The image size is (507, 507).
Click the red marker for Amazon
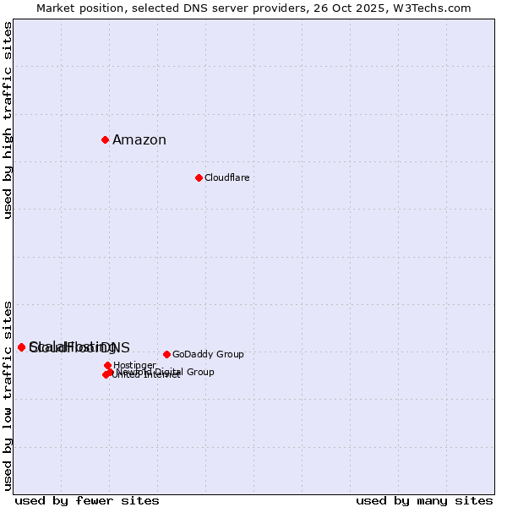coord(105,139)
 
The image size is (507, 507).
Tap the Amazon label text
coord(139,140)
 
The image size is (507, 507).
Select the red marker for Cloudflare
coord(199,177)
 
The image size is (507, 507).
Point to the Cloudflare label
coord(226,178)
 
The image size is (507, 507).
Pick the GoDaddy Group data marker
coord(166,354)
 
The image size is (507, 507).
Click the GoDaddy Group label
coord(208,355)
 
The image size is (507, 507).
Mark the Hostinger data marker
coord(107,365)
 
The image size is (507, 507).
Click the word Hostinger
coord(134,366)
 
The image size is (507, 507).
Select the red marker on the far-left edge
coord(22,347)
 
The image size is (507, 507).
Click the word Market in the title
coord(56,8)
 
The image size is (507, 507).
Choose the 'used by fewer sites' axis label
coord(87,500)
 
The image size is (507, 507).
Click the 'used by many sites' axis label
coord(424,500)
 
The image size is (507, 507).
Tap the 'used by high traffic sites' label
coord(8,120)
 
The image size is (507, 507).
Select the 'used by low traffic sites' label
coord(8,395)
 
